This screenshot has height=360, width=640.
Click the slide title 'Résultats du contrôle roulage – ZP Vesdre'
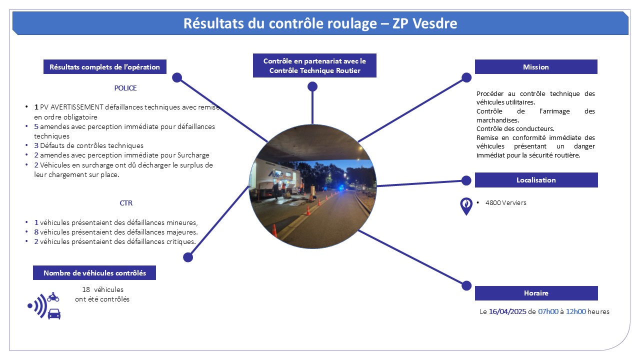point(320,23)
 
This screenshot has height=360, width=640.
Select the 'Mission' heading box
point(536,67)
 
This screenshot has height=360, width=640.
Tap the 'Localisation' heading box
point(536,180)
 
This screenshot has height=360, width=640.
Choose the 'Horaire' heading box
point(536,293)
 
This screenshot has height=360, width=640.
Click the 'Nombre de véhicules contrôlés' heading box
point(94,273)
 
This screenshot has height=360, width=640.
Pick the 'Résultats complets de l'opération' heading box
point(105,67)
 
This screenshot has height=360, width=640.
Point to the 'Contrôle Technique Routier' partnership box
point(314,65)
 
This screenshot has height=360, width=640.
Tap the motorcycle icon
point(53,297)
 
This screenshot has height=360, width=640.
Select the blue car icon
point(54,313)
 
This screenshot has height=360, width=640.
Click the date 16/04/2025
point(507,311)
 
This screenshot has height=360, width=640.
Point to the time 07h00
point(548,311)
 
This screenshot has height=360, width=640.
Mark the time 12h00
point(575,311)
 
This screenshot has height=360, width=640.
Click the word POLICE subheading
point(125,88)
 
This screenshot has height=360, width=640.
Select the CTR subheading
point(126,203)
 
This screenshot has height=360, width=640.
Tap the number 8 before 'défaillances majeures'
point(36,232)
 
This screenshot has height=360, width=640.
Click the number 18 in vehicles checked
point(86,289)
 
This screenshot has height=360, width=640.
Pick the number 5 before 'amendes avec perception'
point(36,126)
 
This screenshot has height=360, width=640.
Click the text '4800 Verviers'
point(505,203)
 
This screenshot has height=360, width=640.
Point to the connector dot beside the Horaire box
point(466,285)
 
